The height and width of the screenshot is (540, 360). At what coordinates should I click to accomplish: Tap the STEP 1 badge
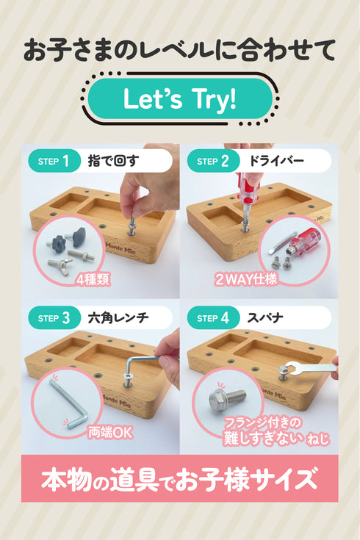[x=53, y=161]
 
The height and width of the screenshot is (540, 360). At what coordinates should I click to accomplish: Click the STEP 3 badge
[x=53, y=318]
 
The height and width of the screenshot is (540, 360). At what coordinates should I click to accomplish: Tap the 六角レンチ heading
[x=118, y=318]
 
